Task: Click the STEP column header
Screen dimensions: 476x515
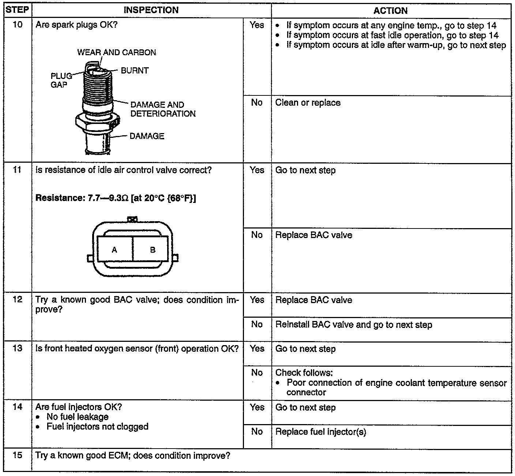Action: pyautogui.click(x=17, y=10)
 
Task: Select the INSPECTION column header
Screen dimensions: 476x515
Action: pyautogui.click(x=151, y=10)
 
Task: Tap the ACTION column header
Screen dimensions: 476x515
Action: pyautogui.click(x=391, y=11)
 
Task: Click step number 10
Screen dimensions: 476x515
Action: pyautogui.click(x=17, y=25)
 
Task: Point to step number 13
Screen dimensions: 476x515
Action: pyautogui.click(x=17, y=348)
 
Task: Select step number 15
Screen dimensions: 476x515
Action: pyautogui.click(x=17, y=456)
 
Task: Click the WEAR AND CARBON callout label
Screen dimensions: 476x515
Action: pyautogui.click(x=117, y=52)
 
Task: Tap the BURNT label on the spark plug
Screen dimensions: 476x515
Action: pyautogui.click(x=135, y=71)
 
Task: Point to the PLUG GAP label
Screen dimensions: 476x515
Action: pyautogui.click(x=61, y=80)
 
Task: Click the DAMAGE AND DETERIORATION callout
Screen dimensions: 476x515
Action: pyautogui.click(x=163, y=109)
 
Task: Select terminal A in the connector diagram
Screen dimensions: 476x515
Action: pyautogui.click(x=114, y=250)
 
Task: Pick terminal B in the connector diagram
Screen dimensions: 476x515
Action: pyautogui.click(x=153, y=250)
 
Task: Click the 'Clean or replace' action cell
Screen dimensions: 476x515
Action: pyautogui.click(x=308, y=103)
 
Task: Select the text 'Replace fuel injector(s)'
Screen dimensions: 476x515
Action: pyautogui.click(x=320, y=432)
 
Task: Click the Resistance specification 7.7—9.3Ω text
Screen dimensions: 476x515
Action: pyautogui.click(x=116, y=198)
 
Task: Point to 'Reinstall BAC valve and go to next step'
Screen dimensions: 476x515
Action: pyautogui.click(x=353, y=325)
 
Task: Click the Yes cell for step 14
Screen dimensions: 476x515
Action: pyautogui.click(x=257, y=407)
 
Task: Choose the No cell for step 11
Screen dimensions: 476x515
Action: pyautogui.click(x=257, y=235)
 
